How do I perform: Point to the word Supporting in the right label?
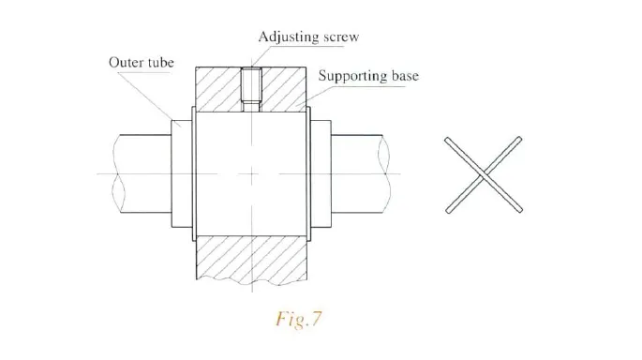tap(354, 75)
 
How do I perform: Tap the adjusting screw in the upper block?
tap(251, 87)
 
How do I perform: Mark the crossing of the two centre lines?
tap(251, 173)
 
